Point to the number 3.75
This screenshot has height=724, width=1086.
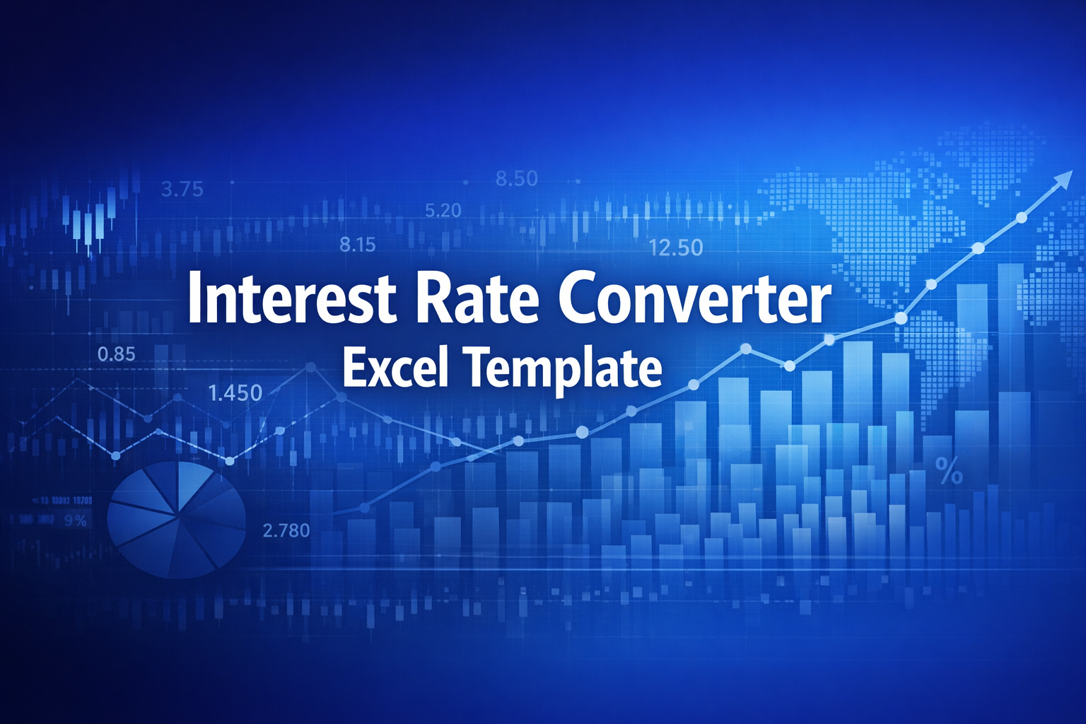(182, 189)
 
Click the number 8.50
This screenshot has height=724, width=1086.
(516, 179)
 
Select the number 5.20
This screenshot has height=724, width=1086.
(443, 210)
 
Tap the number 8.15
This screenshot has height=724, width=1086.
(357, 245)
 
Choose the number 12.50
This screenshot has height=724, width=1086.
(675, 247)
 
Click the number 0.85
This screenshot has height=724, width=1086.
(116, 354)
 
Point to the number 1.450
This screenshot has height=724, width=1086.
(235, 393)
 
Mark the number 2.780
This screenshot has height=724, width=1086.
(286, 530)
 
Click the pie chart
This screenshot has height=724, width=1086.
(176, 519)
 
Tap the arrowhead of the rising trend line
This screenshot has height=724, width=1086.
(1063, 180)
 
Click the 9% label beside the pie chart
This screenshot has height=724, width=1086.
(75, 521)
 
